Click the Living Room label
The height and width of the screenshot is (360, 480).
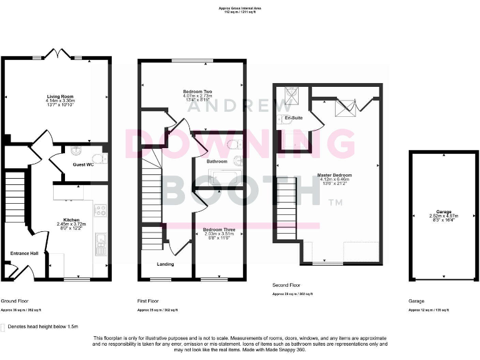60,96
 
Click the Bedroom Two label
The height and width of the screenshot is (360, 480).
197,92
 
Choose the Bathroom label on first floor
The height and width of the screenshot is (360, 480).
217,161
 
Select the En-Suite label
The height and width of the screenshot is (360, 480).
293,117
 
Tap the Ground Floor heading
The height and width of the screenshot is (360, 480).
14,301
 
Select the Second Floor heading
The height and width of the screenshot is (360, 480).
287,285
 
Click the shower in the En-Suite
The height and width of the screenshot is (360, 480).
293,95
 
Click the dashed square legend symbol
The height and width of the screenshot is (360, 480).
4,327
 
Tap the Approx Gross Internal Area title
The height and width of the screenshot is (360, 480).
240,9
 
